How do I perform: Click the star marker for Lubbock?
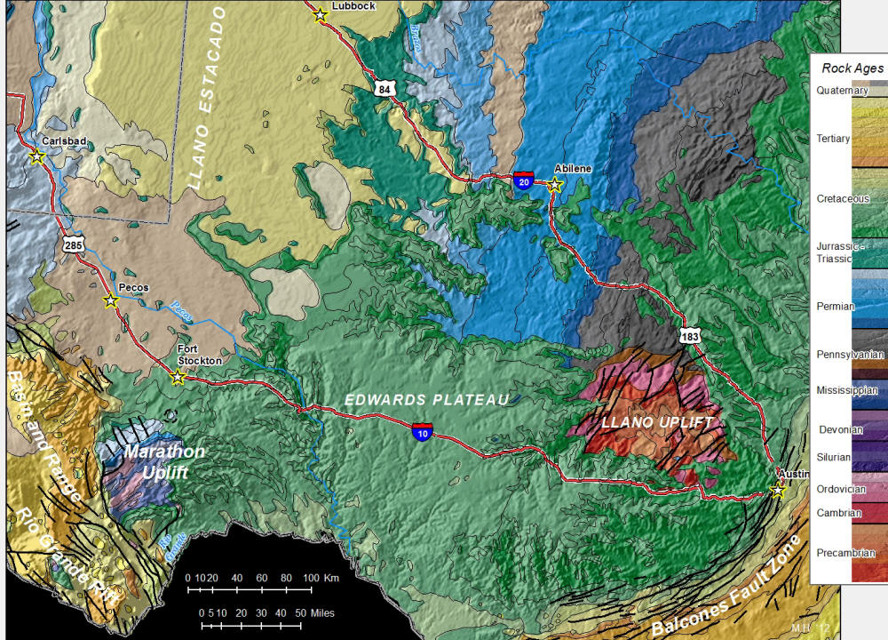pos(321,15)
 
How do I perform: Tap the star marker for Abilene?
pos(555,185)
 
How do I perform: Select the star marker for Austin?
pos(779,490)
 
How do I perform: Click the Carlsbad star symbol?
pos(37,156)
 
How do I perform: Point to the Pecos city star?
pos(111,301)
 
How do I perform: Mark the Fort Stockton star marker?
pos(178,377)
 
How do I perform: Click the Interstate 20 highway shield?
pos(524,180)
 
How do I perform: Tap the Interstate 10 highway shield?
pos(423,432)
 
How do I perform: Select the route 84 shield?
pos(383,89)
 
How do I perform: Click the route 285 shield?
pos(73,242)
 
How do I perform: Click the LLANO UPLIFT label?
pos(656,422)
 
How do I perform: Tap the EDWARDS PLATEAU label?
pos(427,400)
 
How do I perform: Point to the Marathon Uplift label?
pos(163,461)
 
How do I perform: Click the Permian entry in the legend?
pos(835,306)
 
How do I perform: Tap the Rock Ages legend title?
pos(852,68)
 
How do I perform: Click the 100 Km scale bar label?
pos(320,579)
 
